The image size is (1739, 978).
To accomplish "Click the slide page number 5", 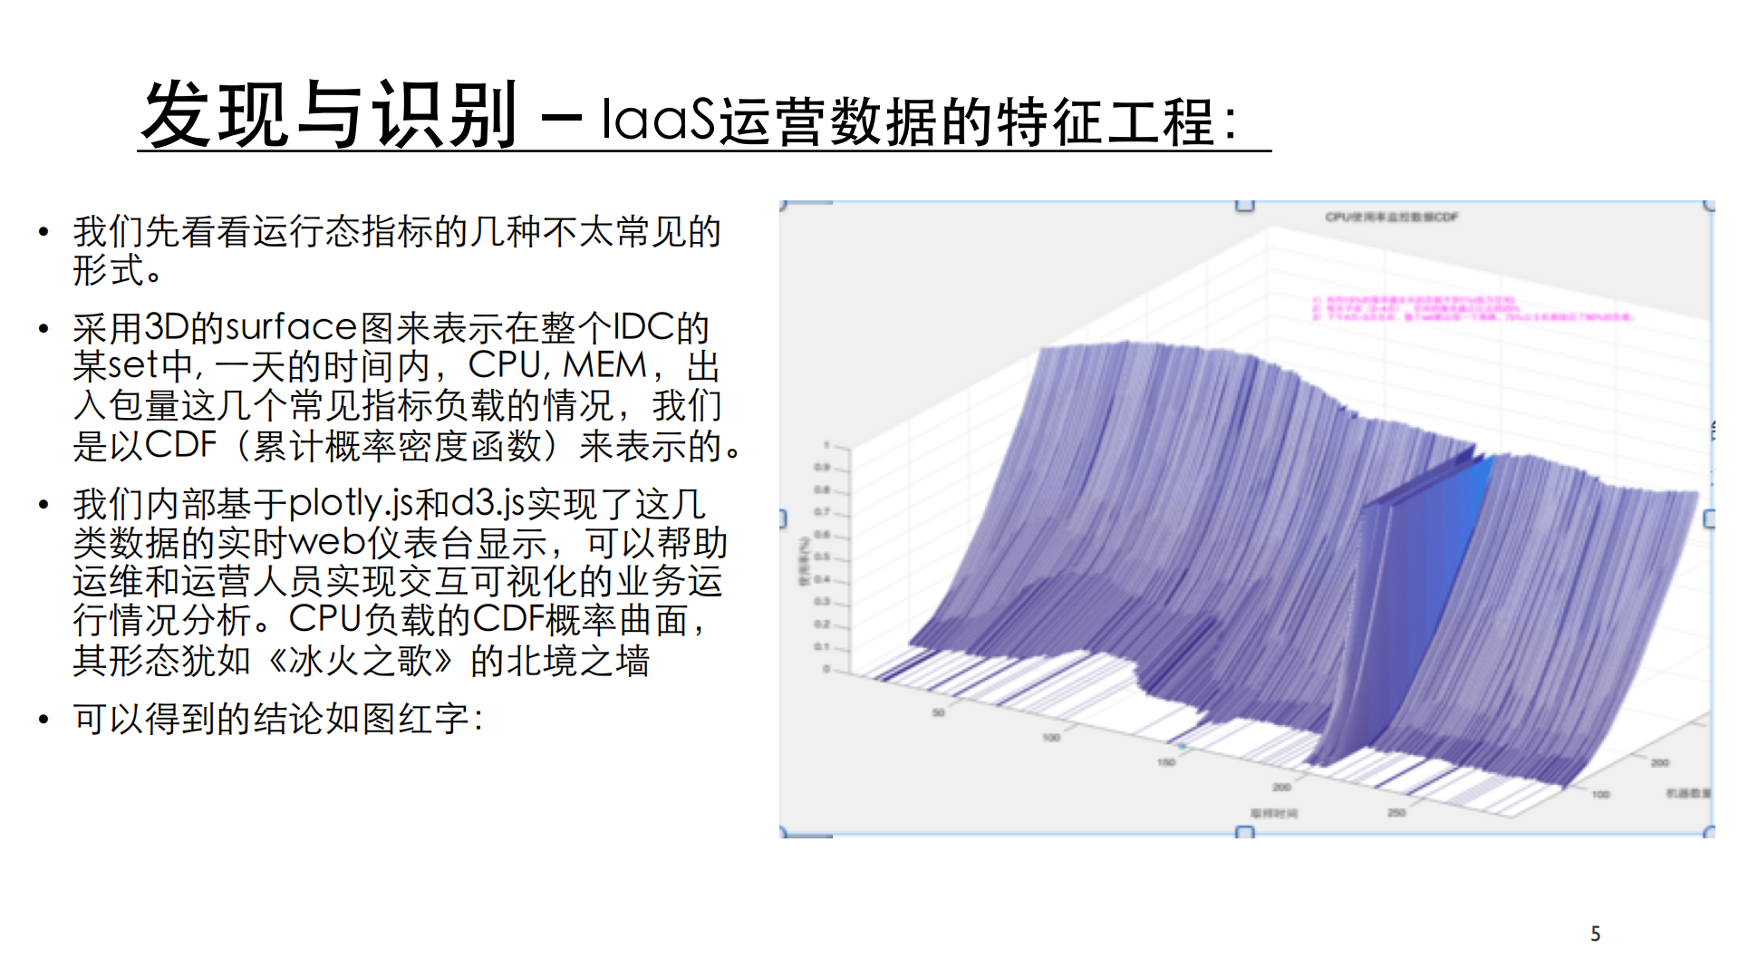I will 1595,934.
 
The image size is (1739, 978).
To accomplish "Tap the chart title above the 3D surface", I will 1391,218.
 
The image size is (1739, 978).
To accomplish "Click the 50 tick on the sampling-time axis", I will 939,712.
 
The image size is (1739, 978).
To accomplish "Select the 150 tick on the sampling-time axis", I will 1166,762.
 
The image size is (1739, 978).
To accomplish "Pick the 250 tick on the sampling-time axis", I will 1396,812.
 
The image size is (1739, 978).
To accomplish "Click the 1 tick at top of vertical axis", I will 826,446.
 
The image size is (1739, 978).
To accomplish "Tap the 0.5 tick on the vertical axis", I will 822,557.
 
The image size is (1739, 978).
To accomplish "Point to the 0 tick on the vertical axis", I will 826,669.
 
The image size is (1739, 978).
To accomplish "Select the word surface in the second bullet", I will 291,327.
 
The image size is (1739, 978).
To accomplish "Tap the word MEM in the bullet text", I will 604,365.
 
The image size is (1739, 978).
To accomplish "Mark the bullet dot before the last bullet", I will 43,721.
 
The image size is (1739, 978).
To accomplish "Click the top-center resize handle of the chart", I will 1245,205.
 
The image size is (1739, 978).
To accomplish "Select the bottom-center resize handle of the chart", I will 1245,832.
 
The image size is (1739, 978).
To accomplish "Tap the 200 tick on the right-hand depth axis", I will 1659,762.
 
